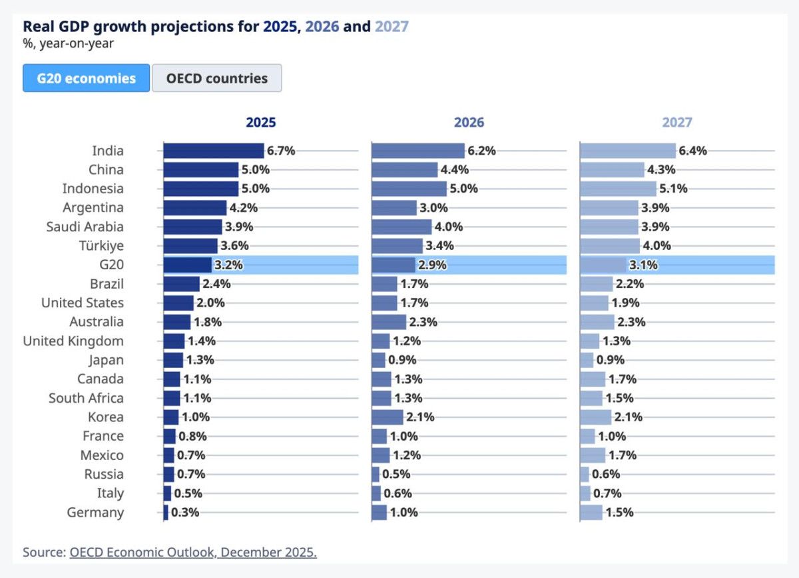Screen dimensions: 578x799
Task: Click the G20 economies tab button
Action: pyautogui.click(x=86, y=78)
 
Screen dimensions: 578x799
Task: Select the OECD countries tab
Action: pyautogui.click(x=216, y=78)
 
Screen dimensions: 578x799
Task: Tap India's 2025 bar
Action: pyautogui.click(x=214, y=151)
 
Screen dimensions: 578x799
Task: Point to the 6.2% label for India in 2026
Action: pyautogui.click(x=481, y=151)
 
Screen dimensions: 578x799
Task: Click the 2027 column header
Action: pyautogui.click(x=677, y=123)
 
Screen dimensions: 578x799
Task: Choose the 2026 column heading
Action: pyautogui.click(x=469, y=123)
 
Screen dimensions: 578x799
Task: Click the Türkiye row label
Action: pyautogui.click(x=103, y=246)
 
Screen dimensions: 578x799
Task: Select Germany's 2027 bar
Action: pyautogui.click(x=591, y=512)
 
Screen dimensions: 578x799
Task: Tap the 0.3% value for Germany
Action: pyautogui.click(x=185, y=513)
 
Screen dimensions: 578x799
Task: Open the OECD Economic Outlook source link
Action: pyautogui.click(x=193, y=553)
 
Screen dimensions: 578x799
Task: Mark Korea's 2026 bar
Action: pyautogui.click(x=388, y=417)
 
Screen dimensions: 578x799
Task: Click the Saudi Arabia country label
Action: pyautogui.click(x=85, y=227)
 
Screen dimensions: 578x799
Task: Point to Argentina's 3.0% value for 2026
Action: pyautogui.click(x=433, y=208)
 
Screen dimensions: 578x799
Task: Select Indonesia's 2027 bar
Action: pyautogui.click(x=619, y=189)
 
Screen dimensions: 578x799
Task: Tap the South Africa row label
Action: pyautogui.click(x=86, y=398)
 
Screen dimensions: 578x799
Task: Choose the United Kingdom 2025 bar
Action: pyautogui.click(x=174, y=341)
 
